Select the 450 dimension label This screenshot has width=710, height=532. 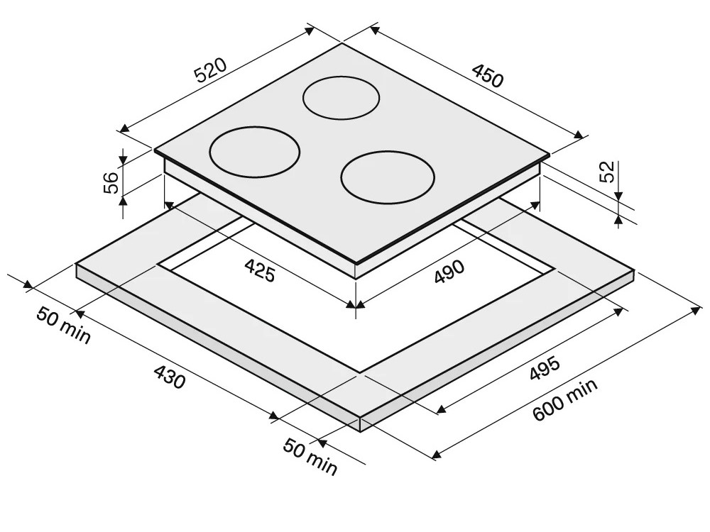click(488, 76)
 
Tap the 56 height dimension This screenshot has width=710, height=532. click(111, 182)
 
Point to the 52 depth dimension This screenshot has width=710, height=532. click(608, 172)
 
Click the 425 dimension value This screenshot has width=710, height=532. click(259, 270)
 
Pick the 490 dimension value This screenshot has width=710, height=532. click(449, 272)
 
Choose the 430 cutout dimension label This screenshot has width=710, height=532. click(170, 377)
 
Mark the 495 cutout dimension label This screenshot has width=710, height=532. click(545, 369)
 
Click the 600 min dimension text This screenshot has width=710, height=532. click(564, 399)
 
